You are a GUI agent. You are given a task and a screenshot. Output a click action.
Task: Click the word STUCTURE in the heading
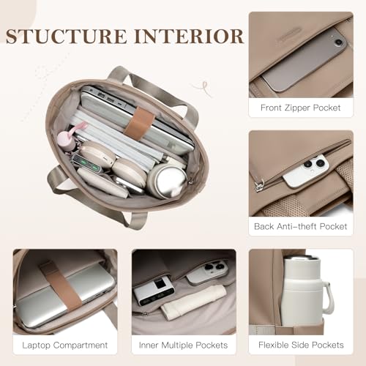(67, 37)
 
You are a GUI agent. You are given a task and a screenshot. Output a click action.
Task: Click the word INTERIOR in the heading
(189, 37)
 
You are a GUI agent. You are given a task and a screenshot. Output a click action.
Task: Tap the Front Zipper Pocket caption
(301, 108)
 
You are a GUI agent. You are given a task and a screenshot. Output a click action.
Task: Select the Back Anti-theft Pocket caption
(301, 226)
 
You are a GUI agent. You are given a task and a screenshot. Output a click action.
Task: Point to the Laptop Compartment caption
(65, 346)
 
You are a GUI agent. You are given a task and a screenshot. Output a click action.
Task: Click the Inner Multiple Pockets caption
(183, 346)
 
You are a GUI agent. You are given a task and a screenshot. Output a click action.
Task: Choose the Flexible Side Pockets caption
(301, 345)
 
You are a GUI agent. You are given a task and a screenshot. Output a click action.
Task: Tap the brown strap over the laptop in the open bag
(139, 124)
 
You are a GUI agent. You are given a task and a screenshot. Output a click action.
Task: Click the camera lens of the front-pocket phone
(338, 42)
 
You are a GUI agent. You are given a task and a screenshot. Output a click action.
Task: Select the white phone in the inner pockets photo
(208, 272)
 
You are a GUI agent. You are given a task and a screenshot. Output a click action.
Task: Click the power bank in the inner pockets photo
(154, 290)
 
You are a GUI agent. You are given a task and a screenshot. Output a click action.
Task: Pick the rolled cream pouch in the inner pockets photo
(193, 302)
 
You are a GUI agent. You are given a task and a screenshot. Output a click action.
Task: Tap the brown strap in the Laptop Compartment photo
(61, 286)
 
